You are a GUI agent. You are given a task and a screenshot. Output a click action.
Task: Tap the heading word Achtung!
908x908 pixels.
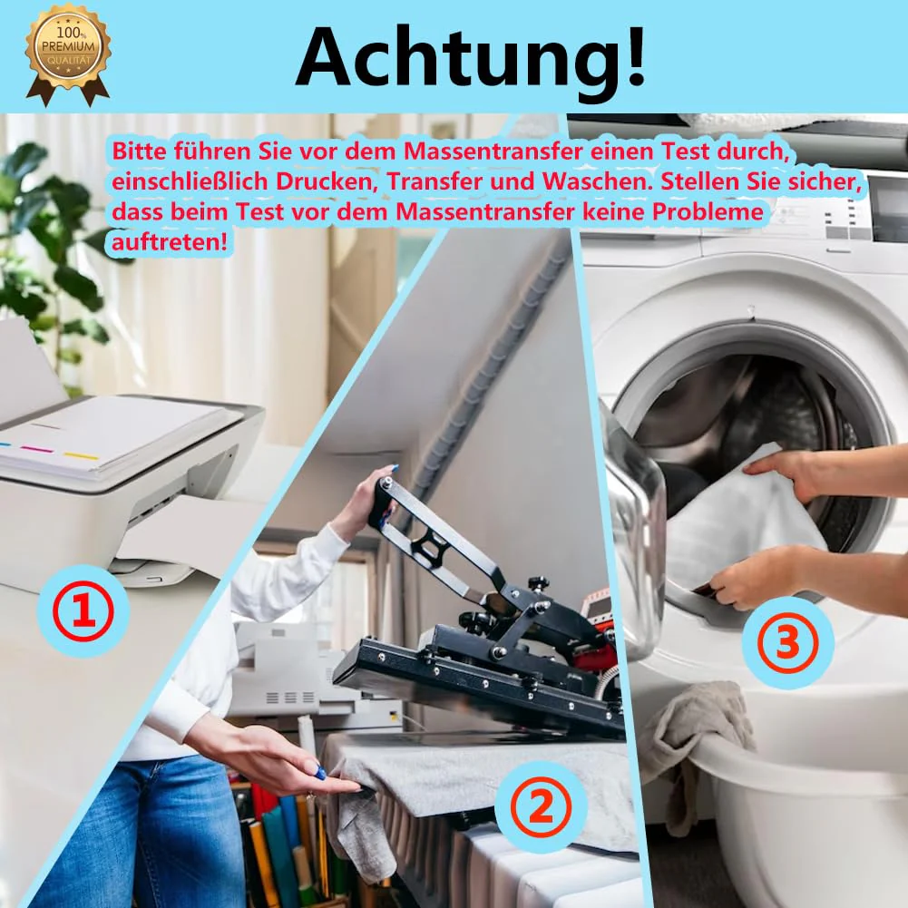pos(470,57)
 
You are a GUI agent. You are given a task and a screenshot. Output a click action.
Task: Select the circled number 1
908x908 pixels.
pos(83,611)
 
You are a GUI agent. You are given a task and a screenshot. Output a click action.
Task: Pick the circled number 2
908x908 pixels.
pos(541,808)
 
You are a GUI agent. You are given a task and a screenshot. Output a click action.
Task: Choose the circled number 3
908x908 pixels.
pos(787,642)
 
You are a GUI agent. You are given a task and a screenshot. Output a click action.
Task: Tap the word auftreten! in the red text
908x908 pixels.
pos(169,242)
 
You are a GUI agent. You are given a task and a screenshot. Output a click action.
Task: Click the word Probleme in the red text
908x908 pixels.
pos(708,212)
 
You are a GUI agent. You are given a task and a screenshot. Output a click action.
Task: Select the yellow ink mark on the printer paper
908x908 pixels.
pos(81,456)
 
